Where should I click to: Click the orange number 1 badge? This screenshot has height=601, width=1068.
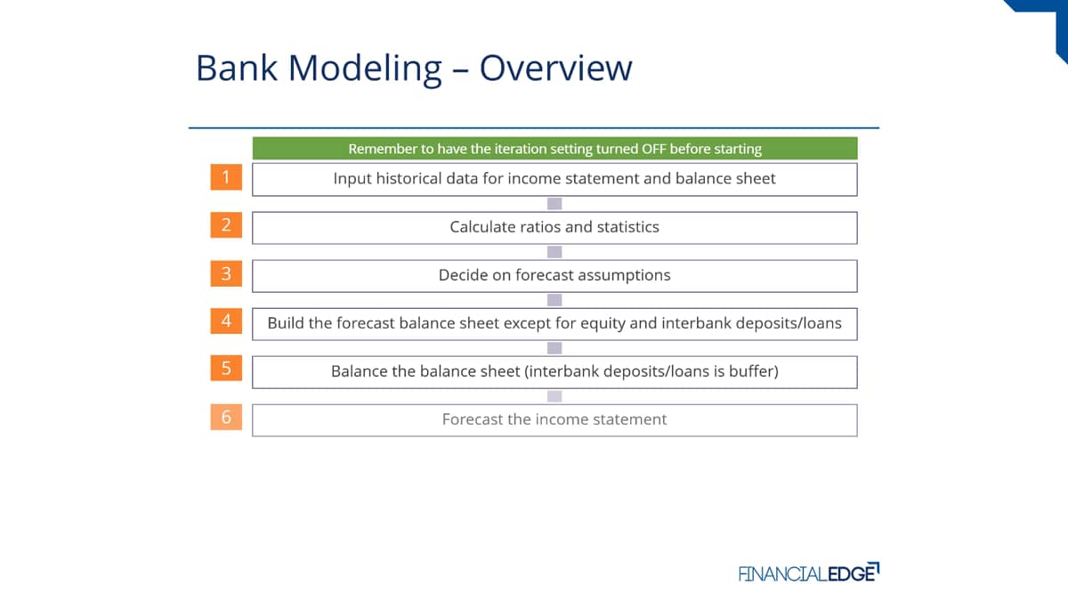(x=226, y=177)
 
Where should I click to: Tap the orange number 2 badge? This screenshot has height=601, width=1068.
(x=226, y=225)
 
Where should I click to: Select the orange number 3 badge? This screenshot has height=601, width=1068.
(x=226, y=273)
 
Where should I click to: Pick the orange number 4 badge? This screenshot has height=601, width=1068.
(x=226, y=321)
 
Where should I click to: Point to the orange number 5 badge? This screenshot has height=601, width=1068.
(x=226, y=369)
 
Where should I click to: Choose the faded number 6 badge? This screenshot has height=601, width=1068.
(x=226, y=418)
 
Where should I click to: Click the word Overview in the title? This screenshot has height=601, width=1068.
(x=556, y=68)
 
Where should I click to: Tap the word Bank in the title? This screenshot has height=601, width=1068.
(x=237, y=68)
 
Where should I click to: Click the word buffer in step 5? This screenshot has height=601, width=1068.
(x=754, y=371)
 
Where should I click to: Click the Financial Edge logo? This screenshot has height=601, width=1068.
(x=809, y=573)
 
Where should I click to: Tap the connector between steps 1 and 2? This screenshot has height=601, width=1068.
(x=554, y=204)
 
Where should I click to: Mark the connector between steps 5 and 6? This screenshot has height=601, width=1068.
(x=554, y=396)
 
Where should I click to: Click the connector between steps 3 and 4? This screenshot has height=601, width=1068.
(x=554, y=300)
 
